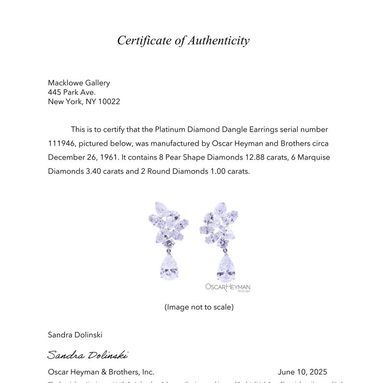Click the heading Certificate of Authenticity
(x=183, y=40)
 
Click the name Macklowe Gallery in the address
(x=79, y=83)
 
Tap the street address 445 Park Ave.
(x=72, y=92)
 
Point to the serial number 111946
(x=61, y=144)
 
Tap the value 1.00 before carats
(x=218, y=171)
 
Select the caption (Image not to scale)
(x=199, y=307)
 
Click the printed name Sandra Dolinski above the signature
(x=75, y=335)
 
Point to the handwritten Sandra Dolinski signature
(x=87, y=355)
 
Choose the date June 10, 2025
(x=303, y=372)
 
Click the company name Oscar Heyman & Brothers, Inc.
(x=101, y=372)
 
